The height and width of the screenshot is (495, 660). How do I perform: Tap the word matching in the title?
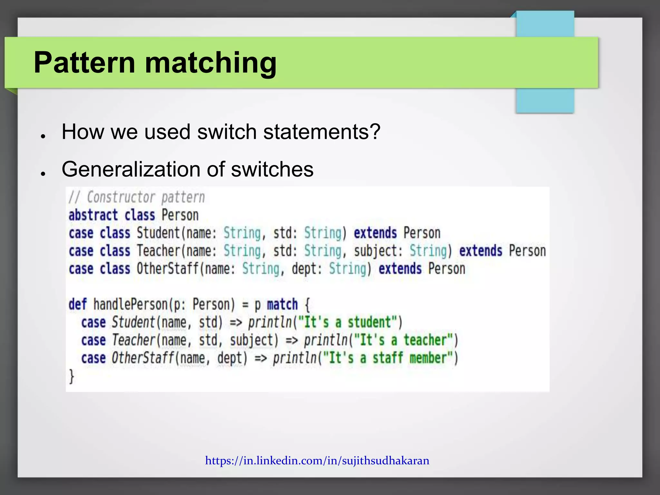211,63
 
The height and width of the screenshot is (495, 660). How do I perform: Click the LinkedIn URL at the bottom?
317,461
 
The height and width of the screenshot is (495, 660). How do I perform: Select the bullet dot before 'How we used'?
43,136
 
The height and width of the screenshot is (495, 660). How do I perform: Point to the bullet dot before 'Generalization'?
43,174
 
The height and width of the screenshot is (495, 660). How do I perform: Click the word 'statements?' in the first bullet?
322,132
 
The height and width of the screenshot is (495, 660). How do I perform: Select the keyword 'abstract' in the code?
93,215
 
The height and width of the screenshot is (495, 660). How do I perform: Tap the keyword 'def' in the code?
78,305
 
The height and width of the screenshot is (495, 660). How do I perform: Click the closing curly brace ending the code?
72,376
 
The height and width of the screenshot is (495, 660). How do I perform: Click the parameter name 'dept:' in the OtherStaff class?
307,269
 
